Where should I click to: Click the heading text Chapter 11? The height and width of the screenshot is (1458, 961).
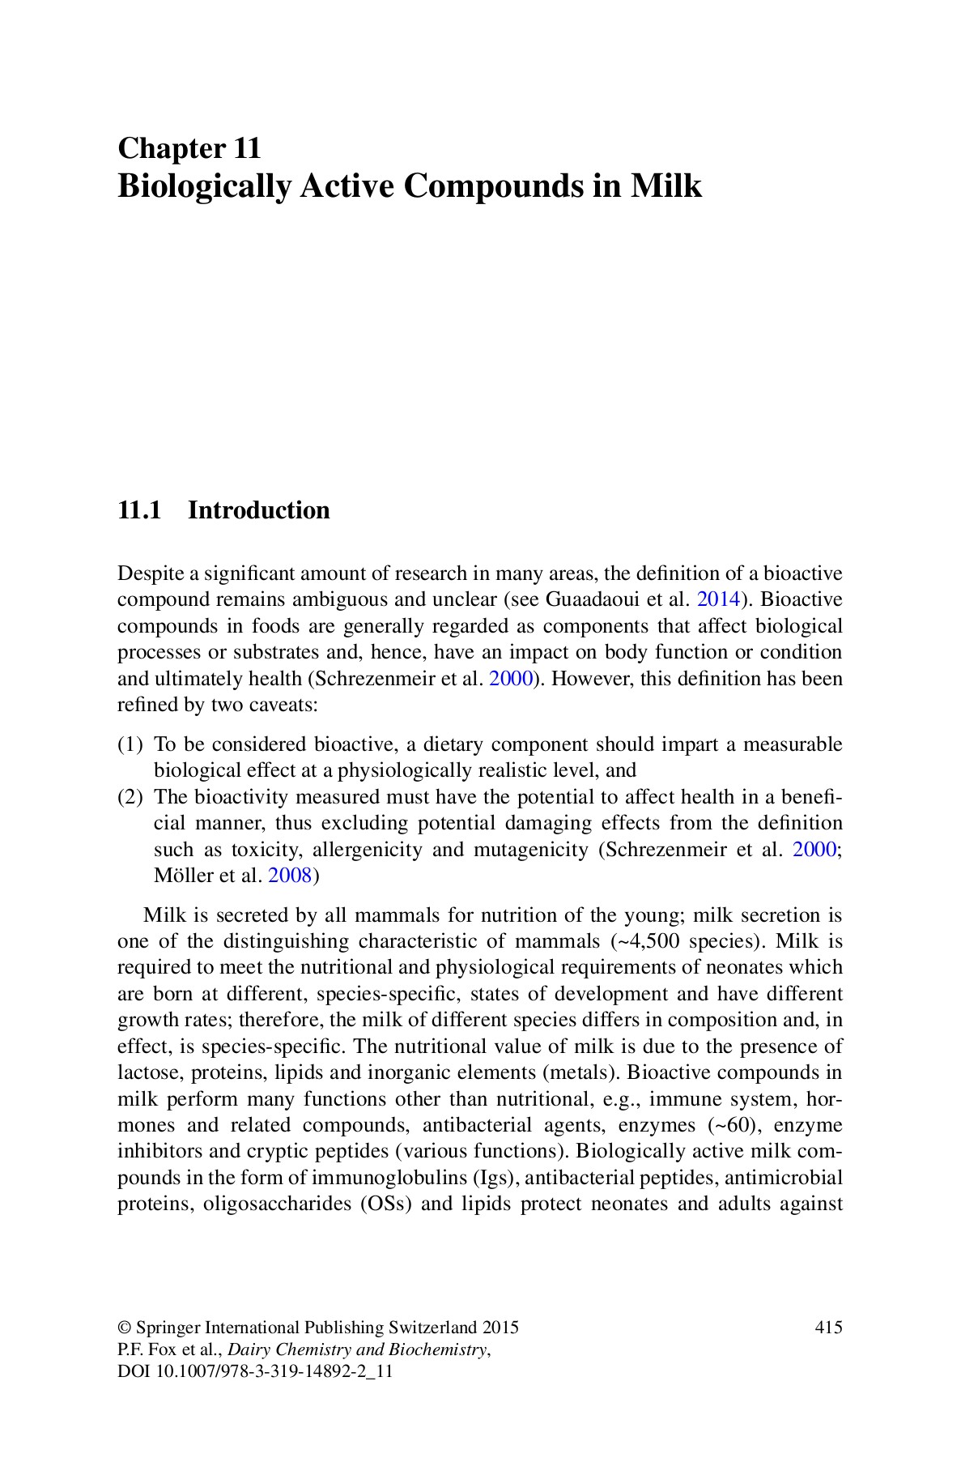point(189,149)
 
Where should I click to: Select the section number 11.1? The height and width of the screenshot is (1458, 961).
point(140,510)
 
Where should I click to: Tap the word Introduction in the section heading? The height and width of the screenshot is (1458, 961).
point(258,510)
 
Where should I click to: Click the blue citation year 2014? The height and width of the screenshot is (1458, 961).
point(718,600)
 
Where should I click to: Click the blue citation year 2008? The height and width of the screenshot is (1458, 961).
point(289,876)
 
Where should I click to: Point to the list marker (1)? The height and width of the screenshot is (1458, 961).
point(130,744)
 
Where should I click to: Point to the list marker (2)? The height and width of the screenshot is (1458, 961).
point(130,797)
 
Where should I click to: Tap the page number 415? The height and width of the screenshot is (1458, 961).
point(828,1328)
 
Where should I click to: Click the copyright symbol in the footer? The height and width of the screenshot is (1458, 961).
point(125,1328)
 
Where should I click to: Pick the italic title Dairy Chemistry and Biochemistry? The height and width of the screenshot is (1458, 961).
point(359,1349)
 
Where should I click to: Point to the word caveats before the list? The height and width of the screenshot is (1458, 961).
point(287,705)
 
